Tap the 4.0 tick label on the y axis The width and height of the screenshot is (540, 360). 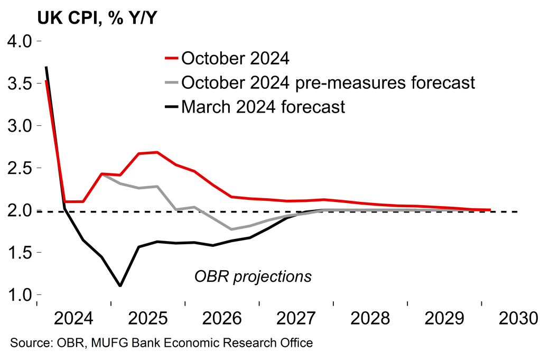click(18, 41)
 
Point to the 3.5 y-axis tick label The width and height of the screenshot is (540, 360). click(18, 84)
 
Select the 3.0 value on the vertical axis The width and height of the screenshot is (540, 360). click(18, 126)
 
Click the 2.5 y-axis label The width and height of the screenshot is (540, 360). click(18, 168)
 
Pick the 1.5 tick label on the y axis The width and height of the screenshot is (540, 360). click(18, 253)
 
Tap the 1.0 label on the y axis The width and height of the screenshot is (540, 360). click(18, 295)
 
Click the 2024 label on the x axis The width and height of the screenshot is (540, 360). click(74, 319)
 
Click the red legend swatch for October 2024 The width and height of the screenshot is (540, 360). click(171, 58)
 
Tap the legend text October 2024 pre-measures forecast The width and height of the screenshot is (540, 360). click(328, 82)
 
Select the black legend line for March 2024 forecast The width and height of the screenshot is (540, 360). click(171, 107)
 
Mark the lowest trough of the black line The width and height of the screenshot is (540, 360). click(120, 286)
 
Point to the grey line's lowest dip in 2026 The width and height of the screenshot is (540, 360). click(231, 229)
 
